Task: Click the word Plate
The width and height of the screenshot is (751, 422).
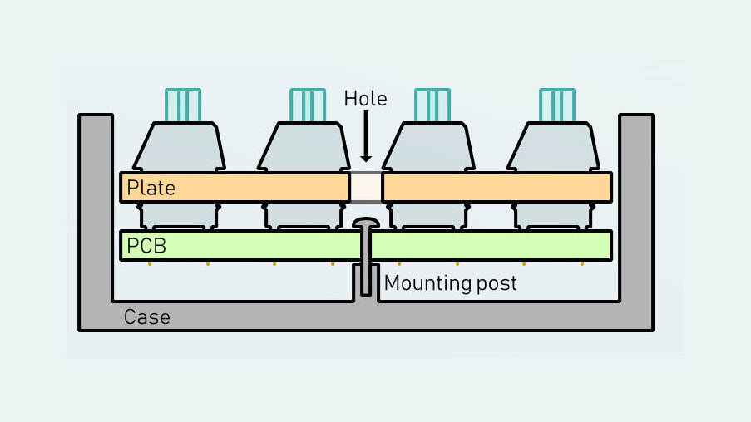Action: [151, 188]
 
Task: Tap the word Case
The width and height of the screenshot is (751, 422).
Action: [146, 316]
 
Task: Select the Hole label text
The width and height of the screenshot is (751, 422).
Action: [365, 99]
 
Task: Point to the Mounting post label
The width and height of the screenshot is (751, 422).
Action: [450, 283]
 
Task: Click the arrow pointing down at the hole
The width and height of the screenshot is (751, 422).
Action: [366, 138]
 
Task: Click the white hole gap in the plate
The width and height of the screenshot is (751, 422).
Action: [365, 187]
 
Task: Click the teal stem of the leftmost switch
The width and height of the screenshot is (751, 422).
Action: [183, 105]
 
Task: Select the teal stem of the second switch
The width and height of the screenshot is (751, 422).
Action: [307, 105]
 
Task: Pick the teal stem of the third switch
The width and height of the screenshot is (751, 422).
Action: [432, 105]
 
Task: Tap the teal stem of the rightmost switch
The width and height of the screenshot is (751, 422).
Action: [556, 105]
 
